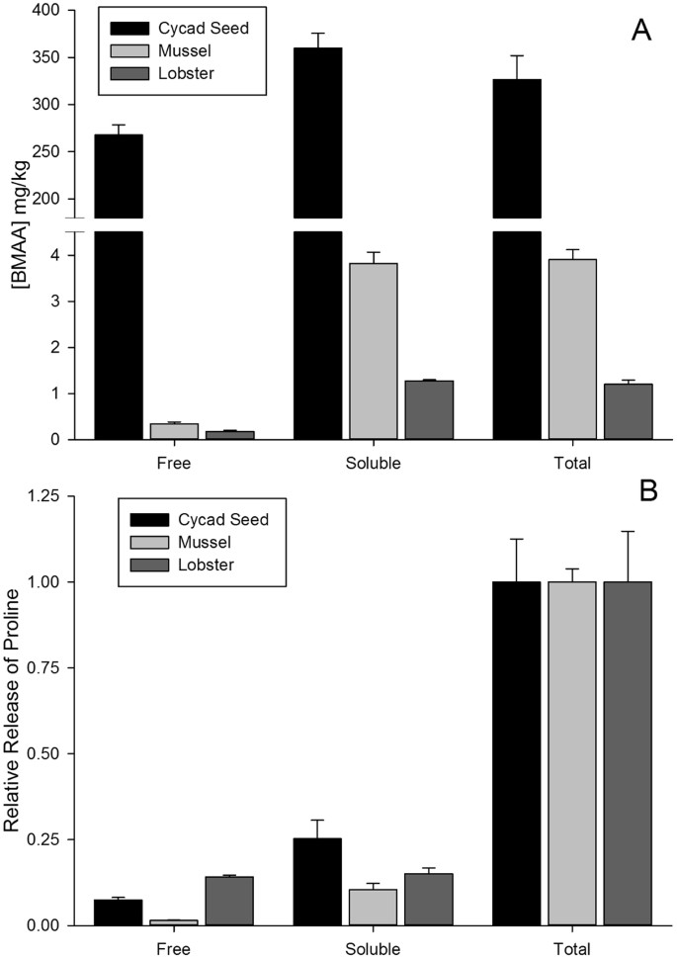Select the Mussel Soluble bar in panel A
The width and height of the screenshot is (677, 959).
[374, 351]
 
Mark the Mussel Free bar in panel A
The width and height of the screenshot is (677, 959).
[174, 431]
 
